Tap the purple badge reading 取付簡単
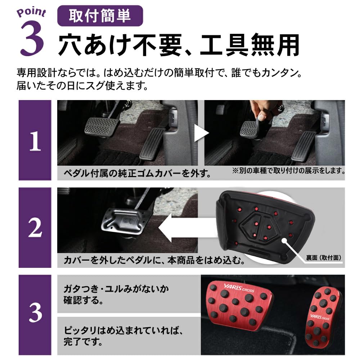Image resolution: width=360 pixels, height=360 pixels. pos(100,16)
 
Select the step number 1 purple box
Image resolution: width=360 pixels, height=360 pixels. pos(35,140)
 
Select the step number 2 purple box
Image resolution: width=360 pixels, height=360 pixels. pos(35,228)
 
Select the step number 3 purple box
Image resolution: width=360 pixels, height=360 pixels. pos(35,313)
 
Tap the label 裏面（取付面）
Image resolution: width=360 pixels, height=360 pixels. pos(324,258)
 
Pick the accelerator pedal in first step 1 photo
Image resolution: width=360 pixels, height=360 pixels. pos(152,144)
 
